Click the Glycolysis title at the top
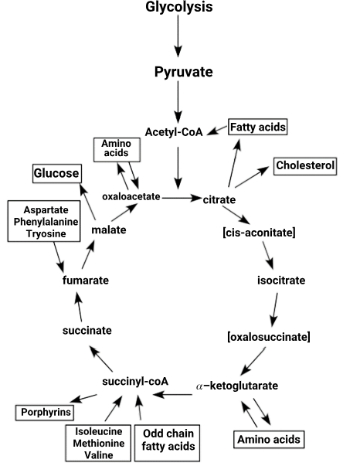click(x=178, y=7)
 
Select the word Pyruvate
click(x=184, y=72)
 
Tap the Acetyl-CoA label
click(x=174, y=132)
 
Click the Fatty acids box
click(x=258, y=127)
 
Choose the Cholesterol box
click(x=305, y=166)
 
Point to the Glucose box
click(x=56, y=173)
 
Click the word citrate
click(x=219, y=199)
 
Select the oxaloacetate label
click(x=131, y=196)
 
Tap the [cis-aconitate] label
click(x=259, y=233)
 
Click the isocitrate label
click(x=281, y=281)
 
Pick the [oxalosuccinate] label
click(x=269, y=337)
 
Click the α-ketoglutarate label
click(x=237, y=386)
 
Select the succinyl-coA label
click(x=135, y=381)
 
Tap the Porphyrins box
click(x=45, y=413)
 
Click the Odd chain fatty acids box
click(x=167, y=443)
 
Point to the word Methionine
click(x=99, y=443)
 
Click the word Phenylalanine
click(x=46, y=222)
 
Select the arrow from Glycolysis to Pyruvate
click(x=178, y=36)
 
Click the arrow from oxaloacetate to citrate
click(x=182, y=198)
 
